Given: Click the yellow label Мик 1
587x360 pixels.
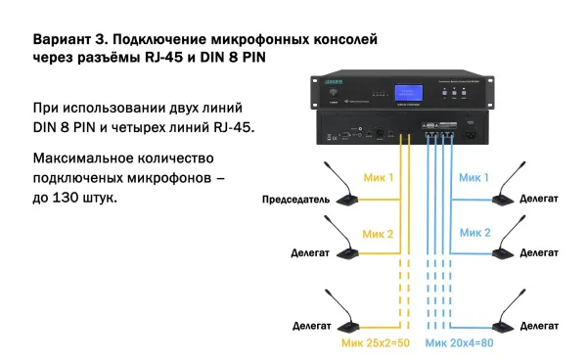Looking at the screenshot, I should (x=378, y=177).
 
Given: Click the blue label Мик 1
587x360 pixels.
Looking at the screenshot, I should (x=474, y=177).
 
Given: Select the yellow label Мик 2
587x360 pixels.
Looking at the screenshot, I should (x=378, y=234).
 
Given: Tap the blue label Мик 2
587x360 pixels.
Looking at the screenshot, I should (x=474, y=234).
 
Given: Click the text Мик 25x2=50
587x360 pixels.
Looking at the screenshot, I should (x=376, y=344).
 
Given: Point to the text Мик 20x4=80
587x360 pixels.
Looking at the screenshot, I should (x=458, y=344).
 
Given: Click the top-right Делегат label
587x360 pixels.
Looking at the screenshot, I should (x=540, y=198).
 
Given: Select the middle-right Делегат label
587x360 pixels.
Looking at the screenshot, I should (x=540, y=252).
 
